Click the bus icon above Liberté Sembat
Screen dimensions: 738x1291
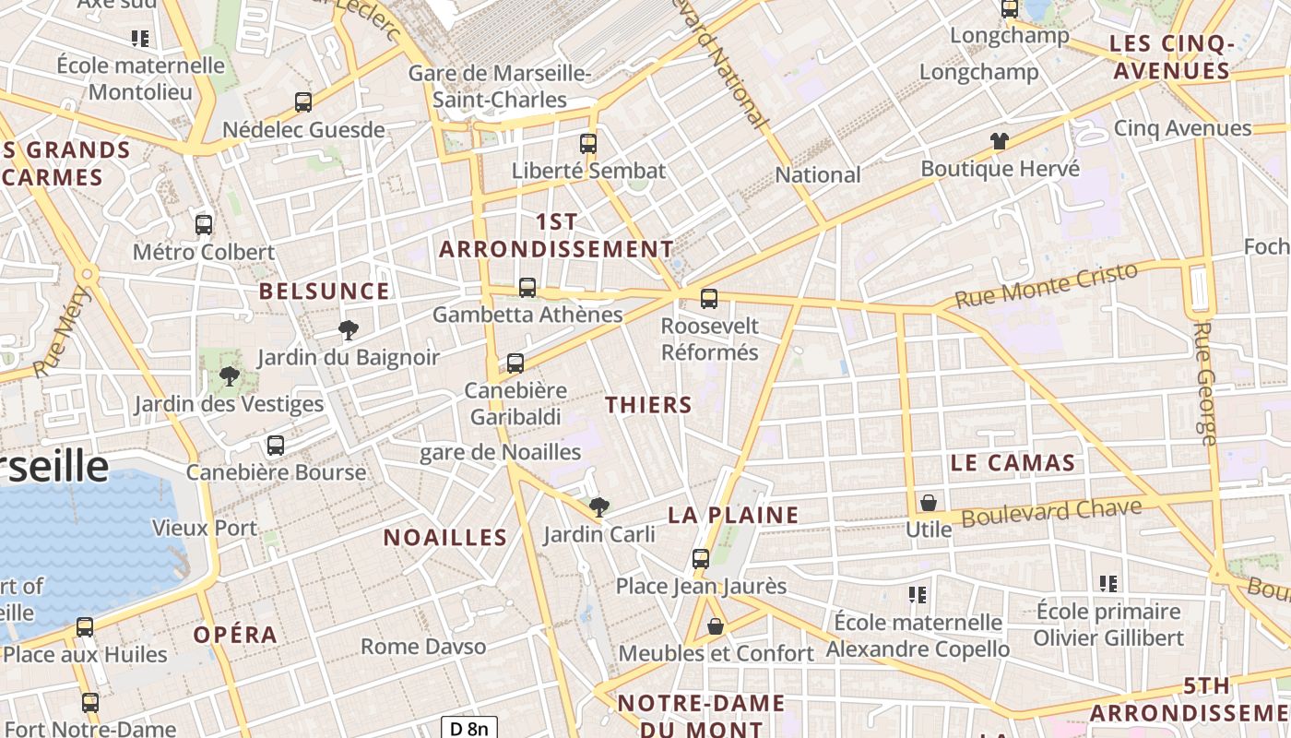(x=588, y=143)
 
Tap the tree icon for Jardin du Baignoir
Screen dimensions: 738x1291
(x=349, y=330)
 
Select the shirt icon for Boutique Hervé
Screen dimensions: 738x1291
(x=1000, y=141)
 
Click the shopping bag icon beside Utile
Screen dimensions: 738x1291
(x=929, y=503)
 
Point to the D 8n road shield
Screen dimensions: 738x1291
(x=468, y=728)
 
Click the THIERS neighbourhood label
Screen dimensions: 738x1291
(x=648, y=404)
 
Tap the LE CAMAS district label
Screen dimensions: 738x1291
(x=1013, y=463)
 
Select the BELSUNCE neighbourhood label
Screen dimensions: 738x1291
(x=325, y=292)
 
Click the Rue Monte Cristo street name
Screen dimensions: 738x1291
(x=1046, y=286)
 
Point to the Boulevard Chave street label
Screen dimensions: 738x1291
(x=1051, y=513)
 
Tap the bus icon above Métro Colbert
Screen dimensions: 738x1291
(x=204, y=224)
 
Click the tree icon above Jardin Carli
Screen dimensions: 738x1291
(x=599, y=506)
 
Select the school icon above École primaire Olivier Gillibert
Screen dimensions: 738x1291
(x=1108, y=583)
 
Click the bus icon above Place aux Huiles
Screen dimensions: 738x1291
(x=85, y=626)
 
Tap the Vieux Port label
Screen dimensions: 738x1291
(x=205, y=528)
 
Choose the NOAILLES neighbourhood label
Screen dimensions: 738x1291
(x=445, y=538)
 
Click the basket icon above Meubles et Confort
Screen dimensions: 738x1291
(x=715, y=626)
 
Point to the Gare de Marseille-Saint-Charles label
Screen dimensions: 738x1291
(x=500, y=86)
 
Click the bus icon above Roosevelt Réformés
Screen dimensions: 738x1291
(x=708, y=298)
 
